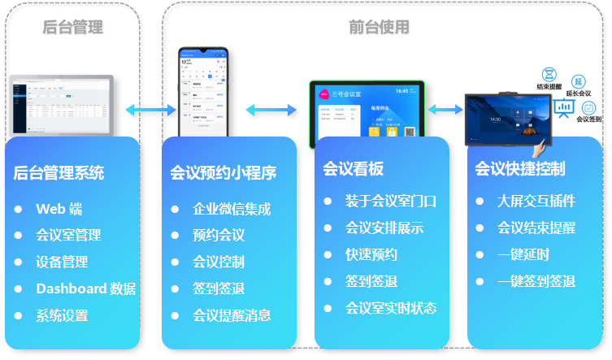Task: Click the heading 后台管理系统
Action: [x=59, y=173]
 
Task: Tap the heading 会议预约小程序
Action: [x=224, y=173]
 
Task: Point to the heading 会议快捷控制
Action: [x=520, y=169]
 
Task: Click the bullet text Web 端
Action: [x=59, y=209]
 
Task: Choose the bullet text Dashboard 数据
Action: [x=85, y=288]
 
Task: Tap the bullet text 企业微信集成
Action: [x=232, y=209]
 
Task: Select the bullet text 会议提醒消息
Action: [x=232, y=315]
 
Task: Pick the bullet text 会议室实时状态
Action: [x=391, y=308]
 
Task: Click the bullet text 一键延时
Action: [x=523, y=254]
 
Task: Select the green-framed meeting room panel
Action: [x=367, y=113]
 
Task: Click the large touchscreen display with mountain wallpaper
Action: [x=508, y=119]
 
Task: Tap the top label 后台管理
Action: [x=73, y=28]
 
